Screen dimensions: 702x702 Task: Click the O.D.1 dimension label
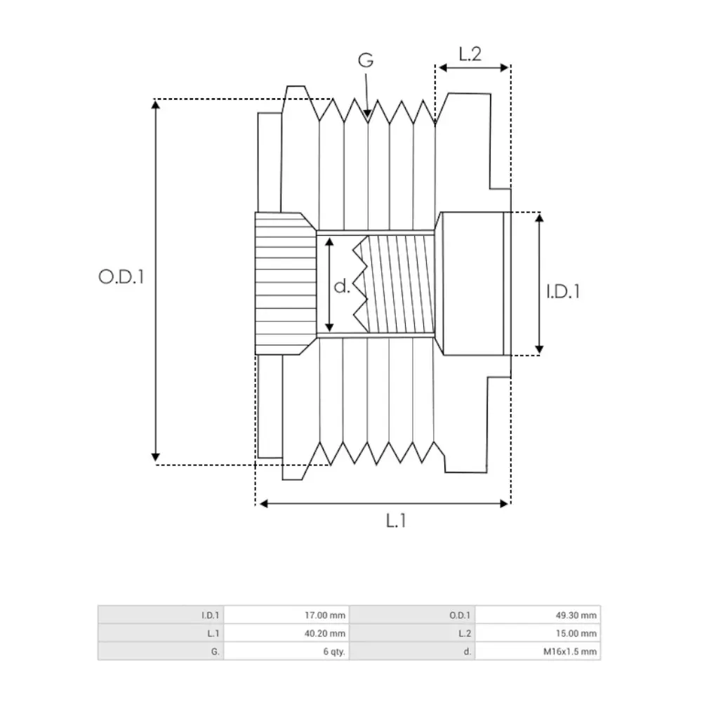tap(121, 277)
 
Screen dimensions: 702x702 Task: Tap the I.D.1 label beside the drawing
tap(563, 290)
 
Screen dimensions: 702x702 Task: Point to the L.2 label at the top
tap(470, 53)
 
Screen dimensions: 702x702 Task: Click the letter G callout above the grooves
tap(366, 60)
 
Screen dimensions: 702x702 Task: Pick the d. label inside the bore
tap(342, 286)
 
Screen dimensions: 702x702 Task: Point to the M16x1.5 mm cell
tap(571, 651)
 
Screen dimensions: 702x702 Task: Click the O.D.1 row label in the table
tap(460, 616)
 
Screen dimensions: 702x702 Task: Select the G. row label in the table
tap(216, 651)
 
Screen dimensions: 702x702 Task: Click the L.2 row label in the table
tap(464, 633)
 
